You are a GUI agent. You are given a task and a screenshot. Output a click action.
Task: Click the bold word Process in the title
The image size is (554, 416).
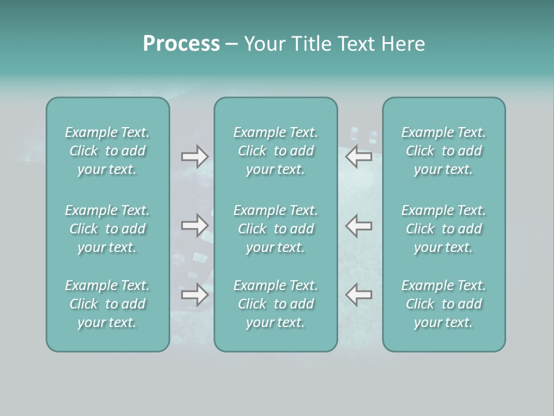click(181, 44)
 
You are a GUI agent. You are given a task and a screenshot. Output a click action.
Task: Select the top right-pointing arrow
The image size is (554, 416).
click(194, 157)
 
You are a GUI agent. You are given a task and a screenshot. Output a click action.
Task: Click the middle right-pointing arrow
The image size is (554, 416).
click(194, 225)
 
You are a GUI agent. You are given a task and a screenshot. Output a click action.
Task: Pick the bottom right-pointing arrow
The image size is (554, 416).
click(194, 295)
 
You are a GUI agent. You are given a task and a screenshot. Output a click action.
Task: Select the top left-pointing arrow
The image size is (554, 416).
click(358, 157)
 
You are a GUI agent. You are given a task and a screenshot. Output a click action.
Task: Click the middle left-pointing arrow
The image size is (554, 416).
click(358, 225)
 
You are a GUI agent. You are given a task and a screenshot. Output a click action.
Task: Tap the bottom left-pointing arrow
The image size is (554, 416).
click(358, 295)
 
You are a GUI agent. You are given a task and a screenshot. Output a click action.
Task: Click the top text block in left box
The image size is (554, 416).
click(107, 151)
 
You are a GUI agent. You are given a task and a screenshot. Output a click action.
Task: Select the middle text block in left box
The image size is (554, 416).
click(107, 229)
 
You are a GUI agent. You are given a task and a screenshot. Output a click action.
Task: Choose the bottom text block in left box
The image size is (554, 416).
click(107, 304)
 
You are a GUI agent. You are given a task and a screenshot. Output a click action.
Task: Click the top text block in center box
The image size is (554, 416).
click(276, 151)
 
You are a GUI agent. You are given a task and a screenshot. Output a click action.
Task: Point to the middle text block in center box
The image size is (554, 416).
click(276, 229)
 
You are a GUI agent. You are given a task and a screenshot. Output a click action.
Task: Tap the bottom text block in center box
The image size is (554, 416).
click(276, 304)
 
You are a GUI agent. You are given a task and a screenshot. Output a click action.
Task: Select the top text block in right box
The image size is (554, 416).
click(444, 151)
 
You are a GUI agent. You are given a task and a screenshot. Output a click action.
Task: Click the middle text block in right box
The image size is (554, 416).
click(444, 229)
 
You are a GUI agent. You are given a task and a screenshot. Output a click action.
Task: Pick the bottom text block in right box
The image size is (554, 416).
click(444, 304)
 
